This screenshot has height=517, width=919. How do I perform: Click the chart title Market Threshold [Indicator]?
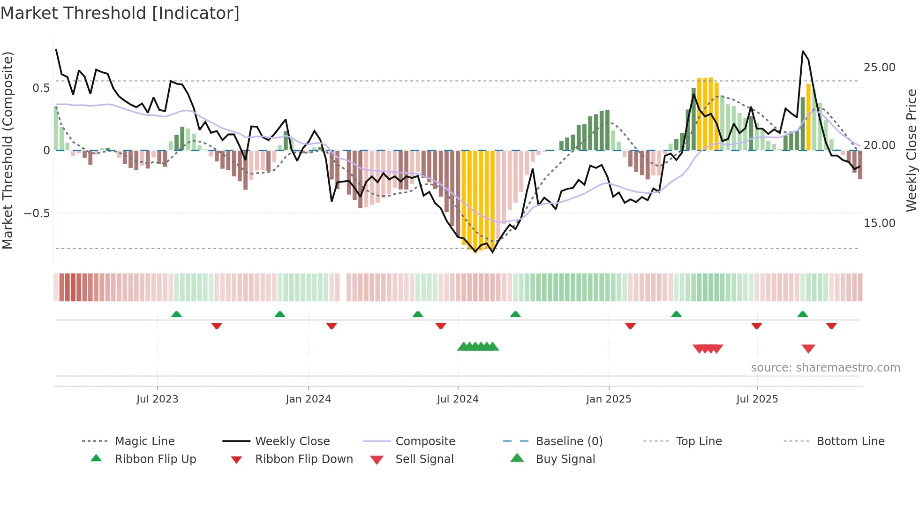click(120, 13)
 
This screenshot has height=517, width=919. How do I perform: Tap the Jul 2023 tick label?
click(157, 399)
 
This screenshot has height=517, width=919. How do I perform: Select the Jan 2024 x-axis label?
click(308, 399)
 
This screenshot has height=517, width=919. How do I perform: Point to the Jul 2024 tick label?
click(458, 399)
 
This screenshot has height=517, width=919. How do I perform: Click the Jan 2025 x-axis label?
click(609, 399)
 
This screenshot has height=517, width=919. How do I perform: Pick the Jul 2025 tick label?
click(757, 399)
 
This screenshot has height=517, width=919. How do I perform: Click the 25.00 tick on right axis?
click(879, 68)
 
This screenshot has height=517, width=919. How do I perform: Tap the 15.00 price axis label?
click(879, 223)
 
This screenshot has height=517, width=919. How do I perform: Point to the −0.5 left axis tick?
click(37, 213)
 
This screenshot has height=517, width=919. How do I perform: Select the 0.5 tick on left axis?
click(41, 88)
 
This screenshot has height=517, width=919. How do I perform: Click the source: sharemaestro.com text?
click(825, 368)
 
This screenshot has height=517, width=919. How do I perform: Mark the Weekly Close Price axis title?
click(911, 150)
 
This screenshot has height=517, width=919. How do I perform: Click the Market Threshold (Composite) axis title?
click(8, 150)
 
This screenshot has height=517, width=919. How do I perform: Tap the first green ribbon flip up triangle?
click(176, 314)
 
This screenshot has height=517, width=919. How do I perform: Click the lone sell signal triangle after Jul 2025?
click(808, 349)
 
